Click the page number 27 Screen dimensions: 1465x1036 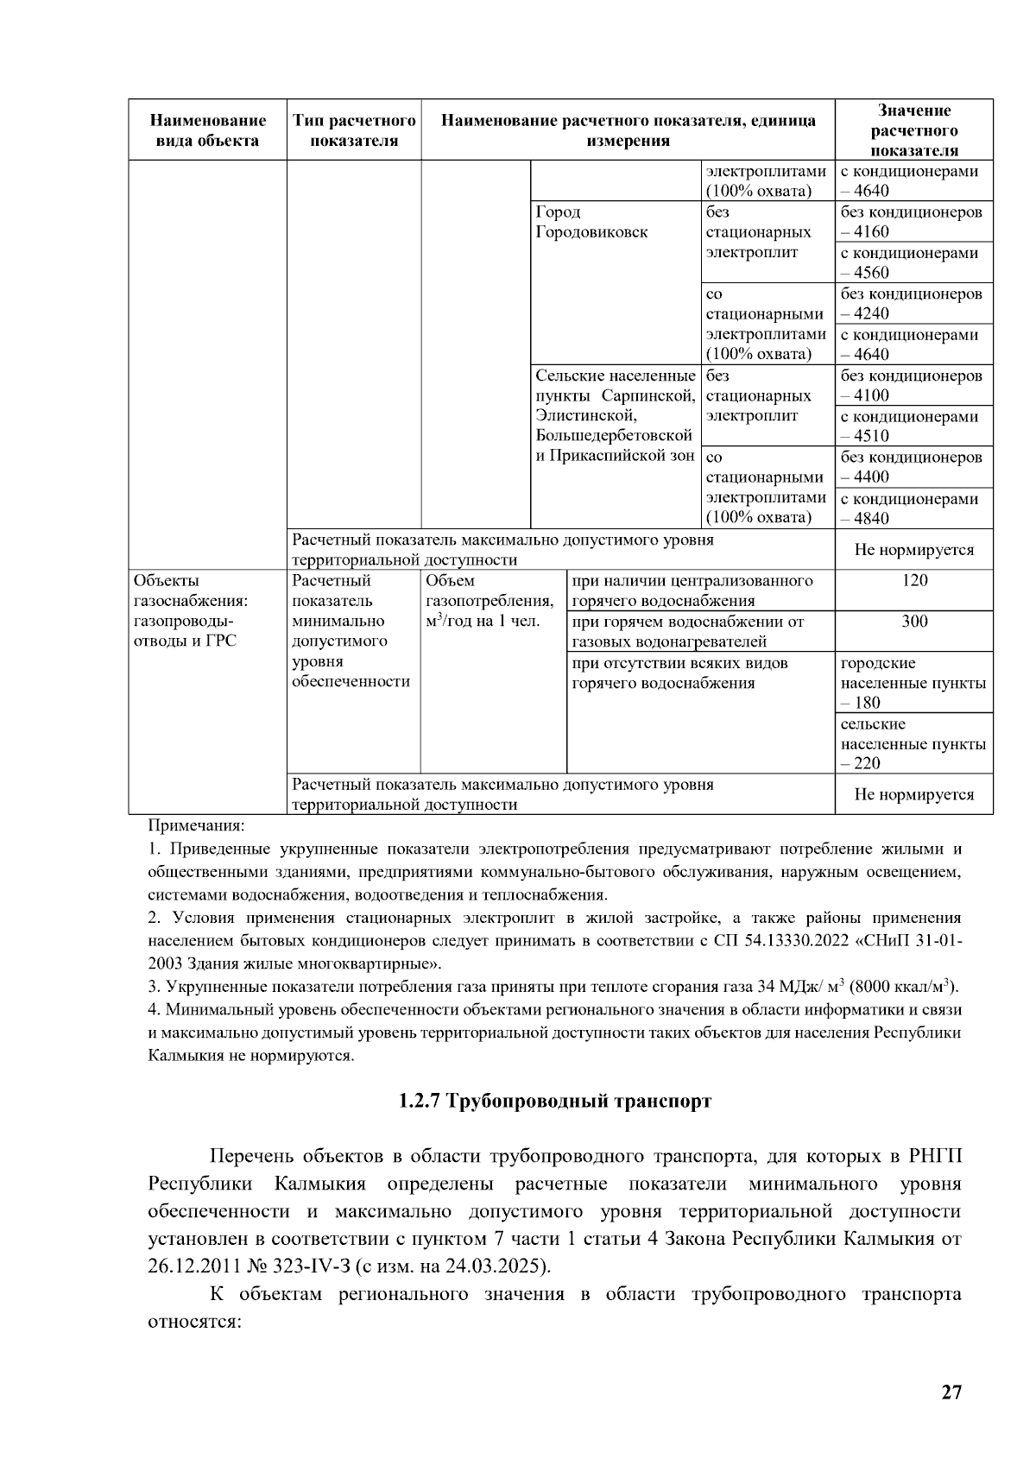pyautogui.click(x=951, y=1392)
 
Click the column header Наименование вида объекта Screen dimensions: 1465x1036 pyautogui.click(x=207, y=130)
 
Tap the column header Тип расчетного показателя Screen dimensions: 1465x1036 pyautogui.click(x=354, y=130)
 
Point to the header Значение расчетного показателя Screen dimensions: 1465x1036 pyautogui.click(x=913, y=130)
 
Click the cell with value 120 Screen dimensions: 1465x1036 pyautogui.click(x=913, y=580)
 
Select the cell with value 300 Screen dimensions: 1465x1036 pyautogui.click(x=913, y=622)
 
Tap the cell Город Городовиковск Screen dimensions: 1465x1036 pyautogui.click(x=591, y=222)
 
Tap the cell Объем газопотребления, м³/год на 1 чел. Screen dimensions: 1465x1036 pyautogui.click(x=490, y=601)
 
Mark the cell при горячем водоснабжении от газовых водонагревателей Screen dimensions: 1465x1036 pyautogui.click(x=688, y=631)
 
